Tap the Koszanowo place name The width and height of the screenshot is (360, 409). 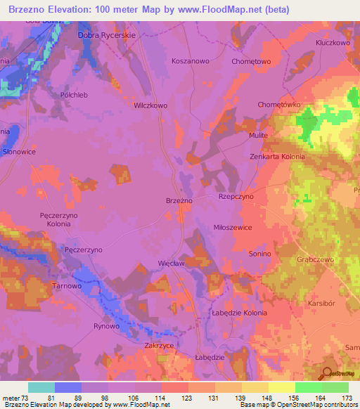191,61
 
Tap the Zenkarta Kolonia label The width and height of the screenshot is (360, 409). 278,157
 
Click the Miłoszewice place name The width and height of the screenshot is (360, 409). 233,228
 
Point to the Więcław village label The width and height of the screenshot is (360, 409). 171,265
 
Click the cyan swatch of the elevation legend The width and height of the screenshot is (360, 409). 41,387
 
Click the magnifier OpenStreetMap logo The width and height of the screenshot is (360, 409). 328,373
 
